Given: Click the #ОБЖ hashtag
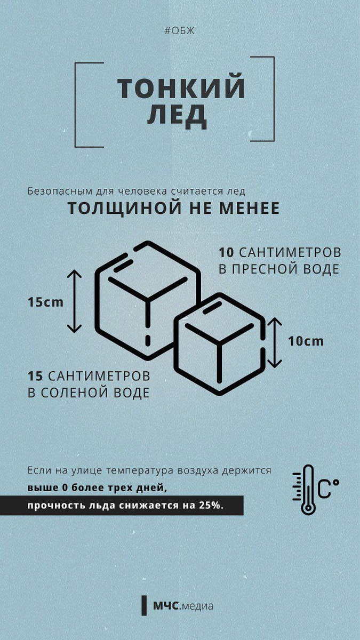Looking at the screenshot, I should coord(180,30).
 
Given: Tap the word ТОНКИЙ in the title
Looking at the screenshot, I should coord(181,89).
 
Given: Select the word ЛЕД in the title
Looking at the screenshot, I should coord(177,115).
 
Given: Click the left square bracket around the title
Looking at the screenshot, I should coord(78,105).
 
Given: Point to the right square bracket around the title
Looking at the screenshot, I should coord(271,99).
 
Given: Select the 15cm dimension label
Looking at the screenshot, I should coord(45,302).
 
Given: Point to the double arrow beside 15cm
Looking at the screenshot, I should coord(75,301).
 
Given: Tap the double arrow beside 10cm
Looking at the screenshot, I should coord(274,342).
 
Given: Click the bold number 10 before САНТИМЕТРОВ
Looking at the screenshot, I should coord(227,252).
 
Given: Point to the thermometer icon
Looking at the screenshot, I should coord(308,489).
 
